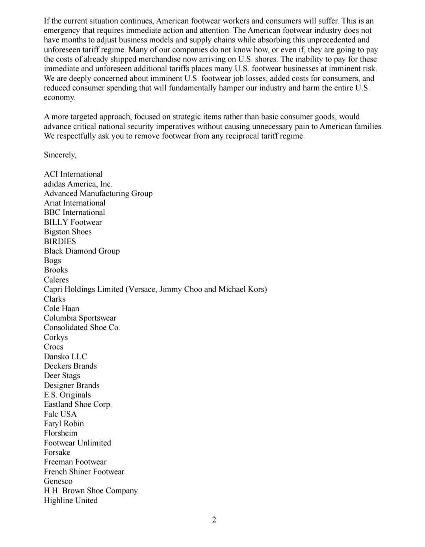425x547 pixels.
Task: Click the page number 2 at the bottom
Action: [x=214, y=520]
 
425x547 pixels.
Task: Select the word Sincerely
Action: [x=59, y=155]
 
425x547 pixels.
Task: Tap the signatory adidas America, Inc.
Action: [x=78, y=184]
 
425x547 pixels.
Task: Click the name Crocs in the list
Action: [x=54, y=347]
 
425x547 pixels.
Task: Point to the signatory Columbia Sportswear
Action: [x=80, y=318]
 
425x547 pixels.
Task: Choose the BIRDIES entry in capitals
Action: [x=60, y=241]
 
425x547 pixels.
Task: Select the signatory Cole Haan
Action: [x=61, y=309]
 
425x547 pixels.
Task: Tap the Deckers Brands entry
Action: [x=70, y=366]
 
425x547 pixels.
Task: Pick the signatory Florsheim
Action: [x=61, y=433]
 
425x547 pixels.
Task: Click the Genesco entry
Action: [x=58, y=481]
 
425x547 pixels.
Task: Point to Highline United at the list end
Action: [x=71, y=500]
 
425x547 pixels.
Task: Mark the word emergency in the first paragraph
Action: [x=61, y=30]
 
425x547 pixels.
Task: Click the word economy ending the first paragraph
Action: [x=59, y=98]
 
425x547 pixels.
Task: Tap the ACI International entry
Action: [x=73, y=174]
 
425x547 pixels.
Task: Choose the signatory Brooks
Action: [x=56, y=270]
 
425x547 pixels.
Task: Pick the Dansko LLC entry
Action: [x=65, y=356]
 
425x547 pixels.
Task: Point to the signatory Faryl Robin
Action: [x=64, y=424]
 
